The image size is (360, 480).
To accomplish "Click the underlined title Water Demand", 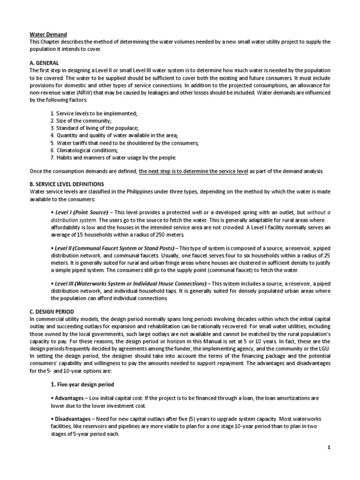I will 48,35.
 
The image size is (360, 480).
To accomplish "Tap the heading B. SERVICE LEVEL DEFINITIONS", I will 67,184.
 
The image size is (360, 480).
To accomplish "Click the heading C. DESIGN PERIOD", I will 52,311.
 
